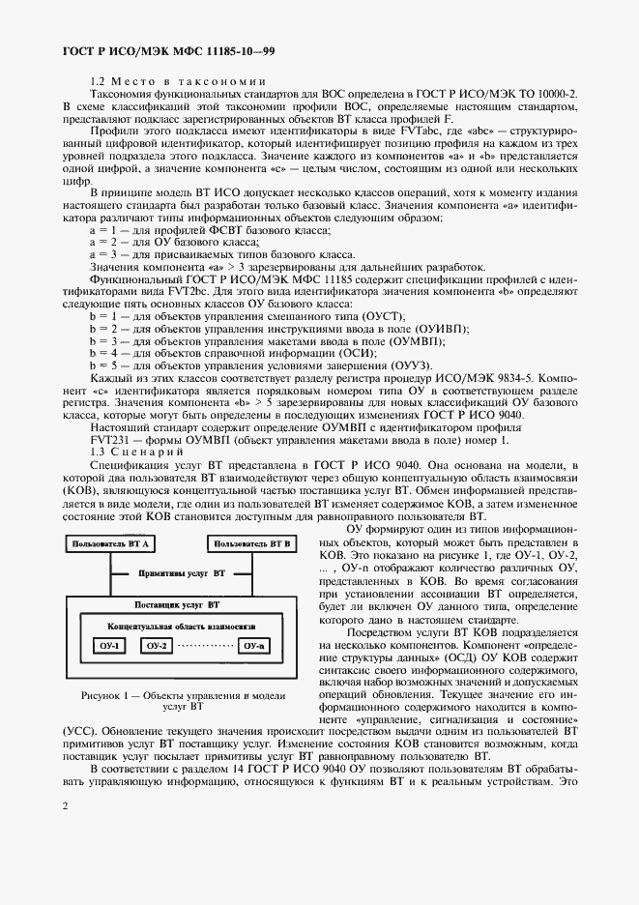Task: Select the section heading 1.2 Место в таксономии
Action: tap(178, 81)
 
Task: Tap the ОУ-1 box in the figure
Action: tap(108, 645)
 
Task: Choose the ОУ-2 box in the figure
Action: tap(158, 645)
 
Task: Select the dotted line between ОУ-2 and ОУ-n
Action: tap(205, 645)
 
